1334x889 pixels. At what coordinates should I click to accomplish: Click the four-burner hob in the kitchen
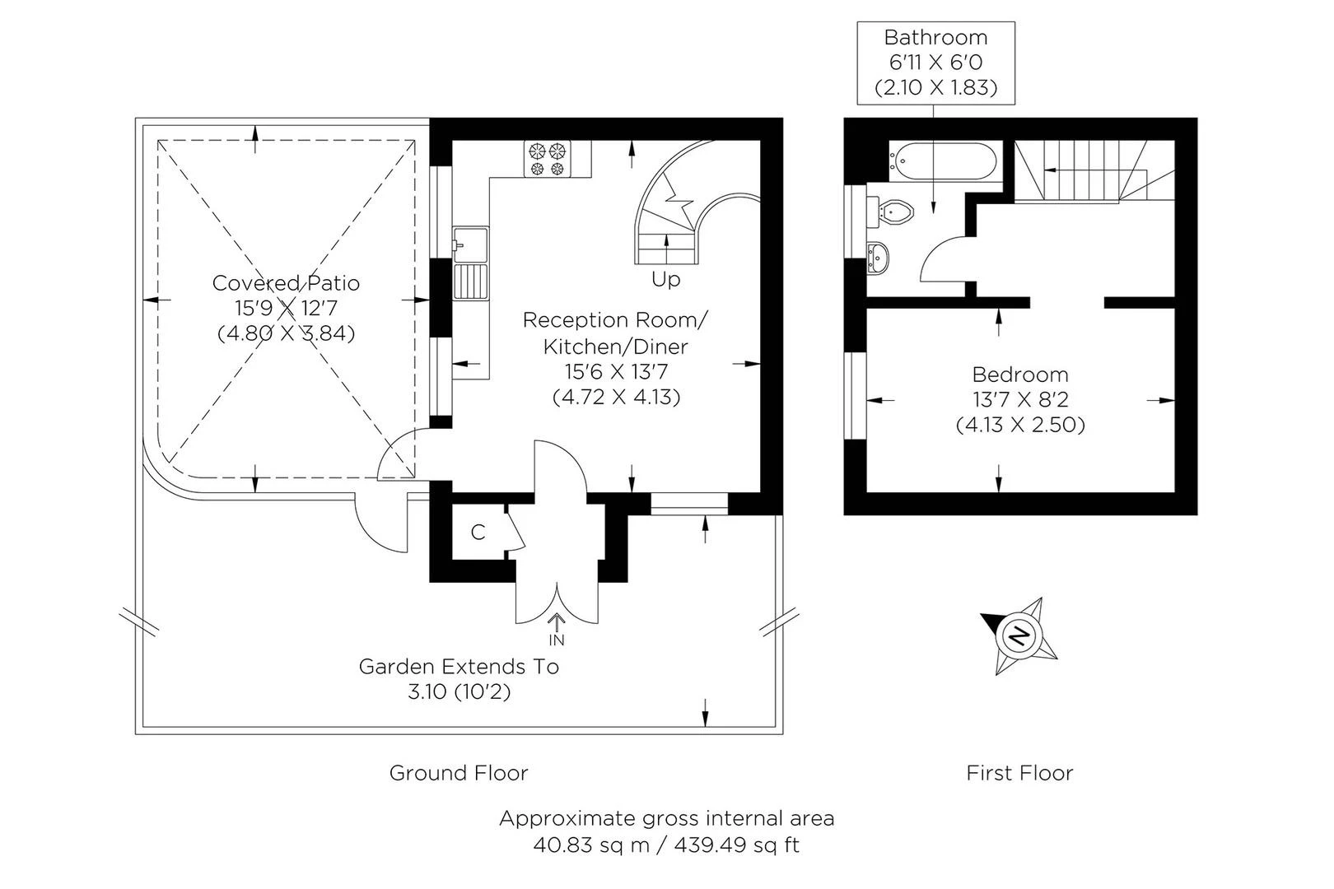(x=548, y=159)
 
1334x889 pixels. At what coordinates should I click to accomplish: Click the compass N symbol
(x=1019, y=635)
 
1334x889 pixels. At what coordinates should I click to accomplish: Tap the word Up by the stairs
(x=665, y=280)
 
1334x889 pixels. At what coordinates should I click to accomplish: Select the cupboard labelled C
(x=478, y=533)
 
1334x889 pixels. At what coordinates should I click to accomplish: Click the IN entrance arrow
(x=557, y=628)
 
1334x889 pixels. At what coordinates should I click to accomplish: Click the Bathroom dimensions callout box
(x=935, y=63)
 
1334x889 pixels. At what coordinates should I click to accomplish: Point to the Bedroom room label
(x=1019, y=375)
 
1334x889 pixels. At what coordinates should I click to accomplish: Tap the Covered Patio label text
(x=286, y=283)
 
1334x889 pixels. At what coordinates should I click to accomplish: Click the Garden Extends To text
(x=459, y=666)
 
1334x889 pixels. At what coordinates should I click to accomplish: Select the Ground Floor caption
(x=458, y=773)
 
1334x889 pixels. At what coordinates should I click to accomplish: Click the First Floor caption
(x=1019, y=773)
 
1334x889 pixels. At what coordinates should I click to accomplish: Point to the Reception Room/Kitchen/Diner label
(x=615, y=333)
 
